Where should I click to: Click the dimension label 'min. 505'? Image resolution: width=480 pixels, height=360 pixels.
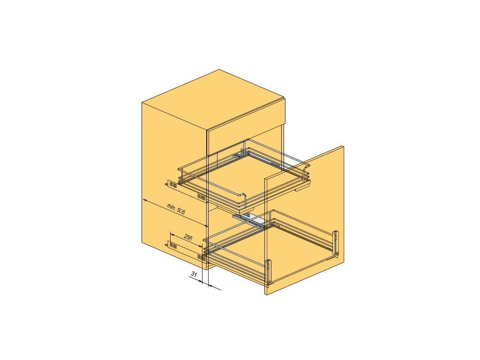coord(176,210)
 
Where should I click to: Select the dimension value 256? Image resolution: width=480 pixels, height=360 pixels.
coord(187,237)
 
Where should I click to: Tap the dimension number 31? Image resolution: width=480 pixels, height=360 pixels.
coord(194,274)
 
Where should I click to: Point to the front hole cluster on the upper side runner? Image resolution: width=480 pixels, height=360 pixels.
coord(202,196)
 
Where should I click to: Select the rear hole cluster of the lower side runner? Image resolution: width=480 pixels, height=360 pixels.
coord(173,246)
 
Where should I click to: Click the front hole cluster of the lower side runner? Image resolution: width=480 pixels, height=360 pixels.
coord(202,257)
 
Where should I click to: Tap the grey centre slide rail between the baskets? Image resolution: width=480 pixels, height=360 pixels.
coord(248,219)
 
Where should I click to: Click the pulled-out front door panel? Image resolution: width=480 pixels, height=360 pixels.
coord(305,220)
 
